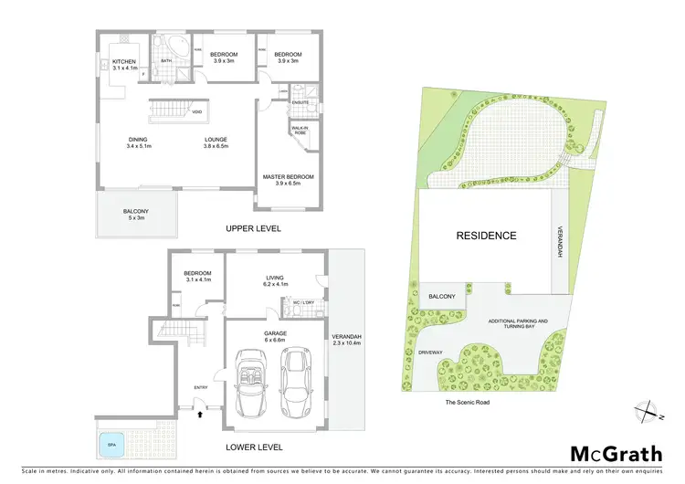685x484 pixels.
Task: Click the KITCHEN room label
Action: click(118, 64)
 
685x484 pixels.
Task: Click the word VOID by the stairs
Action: click(196, 111)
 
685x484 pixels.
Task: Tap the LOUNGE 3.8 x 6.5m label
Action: click(216, 142)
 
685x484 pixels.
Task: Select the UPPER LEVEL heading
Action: click(256, 228)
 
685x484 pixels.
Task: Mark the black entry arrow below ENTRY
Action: click(200, 414)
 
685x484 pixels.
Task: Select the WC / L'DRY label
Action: click(304, 302)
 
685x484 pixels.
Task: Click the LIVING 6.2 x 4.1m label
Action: click(271, 281)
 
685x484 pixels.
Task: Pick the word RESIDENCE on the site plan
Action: click(486, 236)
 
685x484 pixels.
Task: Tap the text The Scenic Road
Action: click(467, 402)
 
